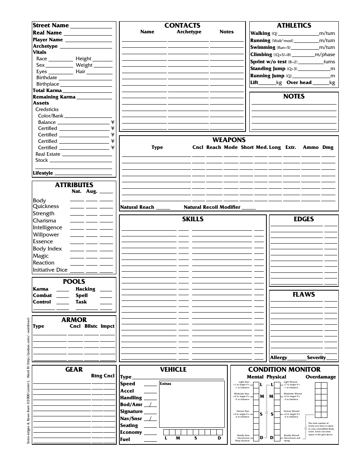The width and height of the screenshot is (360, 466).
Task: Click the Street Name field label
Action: coord(51,25)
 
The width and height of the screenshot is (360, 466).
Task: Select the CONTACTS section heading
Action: coord(182,25)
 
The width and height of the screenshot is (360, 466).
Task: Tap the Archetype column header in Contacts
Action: coord(189,32)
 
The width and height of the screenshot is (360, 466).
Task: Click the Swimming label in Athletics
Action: coord(263,47)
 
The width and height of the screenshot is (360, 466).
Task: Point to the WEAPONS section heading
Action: coord(229,140)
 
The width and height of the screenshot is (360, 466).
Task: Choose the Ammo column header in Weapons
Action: coord(310,147)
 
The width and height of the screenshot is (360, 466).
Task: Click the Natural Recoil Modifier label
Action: coord(212,207)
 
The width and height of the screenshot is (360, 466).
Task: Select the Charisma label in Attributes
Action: coord(44,220)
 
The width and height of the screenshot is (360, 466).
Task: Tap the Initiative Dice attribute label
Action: coord(50,270)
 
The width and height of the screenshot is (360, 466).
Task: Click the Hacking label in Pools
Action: coord(85,289)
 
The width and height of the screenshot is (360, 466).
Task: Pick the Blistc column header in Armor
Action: coord(91,326)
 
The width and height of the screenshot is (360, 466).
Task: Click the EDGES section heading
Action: coord(304,219)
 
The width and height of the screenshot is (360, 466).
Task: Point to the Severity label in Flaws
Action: coord(316,358)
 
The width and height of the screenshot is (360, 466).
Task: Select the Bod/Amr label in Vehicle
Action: coord(131,405)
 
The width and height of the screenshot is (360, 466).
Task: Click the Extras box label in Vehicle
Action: coord(166,384)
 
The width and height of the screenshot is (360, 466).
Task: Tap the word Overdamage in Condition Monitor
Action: coord(321,377)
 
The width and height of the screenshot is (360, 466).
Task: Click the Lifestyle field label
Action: coord(43,173)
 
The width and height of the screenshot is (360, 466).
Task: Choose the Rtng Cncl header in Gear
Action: coord(102,376)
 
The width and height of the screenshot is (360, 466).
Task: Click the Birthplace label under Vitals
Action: coord(48,84)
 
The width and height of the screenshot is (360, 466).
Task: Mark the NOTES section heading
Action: coord(294,96)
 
